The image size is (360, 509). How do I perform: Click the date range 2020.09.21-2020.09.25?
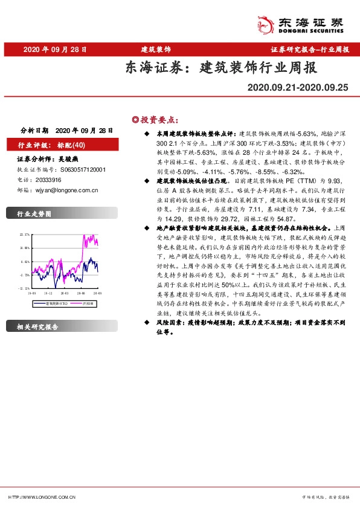point(298,88)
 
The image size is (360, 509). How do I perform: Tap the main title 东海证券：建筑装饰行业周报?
point(220,67)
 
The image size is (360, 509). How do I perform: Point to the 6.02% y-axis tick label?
point(26,261)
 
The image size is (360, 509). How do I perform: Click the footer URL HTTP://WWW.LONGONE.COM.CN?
point(42,497)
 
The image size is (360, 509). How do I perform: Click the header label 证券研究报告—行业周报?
point(309,49)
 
